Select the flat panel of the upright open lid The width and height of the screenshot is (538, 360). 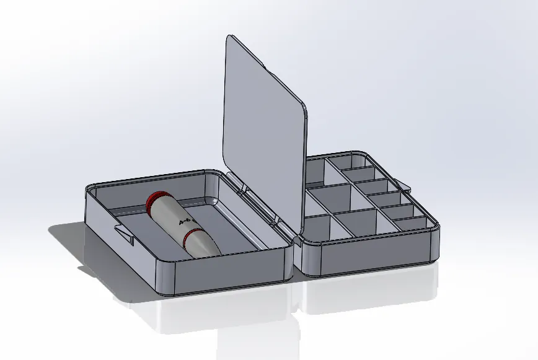263,130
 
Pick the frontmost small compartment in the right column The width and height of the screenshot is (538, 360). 409,224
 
